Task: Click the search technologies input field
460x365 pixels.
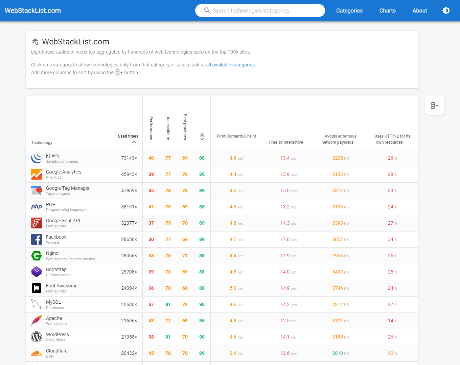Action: tap(260, 11)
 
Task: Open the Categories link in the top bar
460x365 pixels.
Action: tap(349, 11)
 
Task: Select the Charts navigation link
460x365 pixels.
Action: tap(387, 11)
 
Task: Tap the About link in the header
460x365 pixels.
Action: tap(420, 11)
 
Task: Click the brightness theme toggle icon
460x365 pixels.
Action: tap(446, 11)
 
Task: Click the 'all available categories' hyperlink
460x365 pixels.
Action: tap(230, 65)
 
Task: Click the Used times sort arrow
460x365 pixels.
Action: tap(134, 143)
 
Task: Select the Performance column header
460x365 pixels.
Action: tap(151, 128)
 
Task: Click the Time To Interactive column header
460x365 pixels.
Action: tap(285, 142)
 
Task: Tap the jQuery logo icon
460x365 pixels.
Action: tap(37, 158)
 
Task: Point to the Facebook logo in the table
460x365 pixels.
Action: tap(37, 239)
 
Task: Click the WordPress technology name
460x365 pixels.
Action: tap(57, 334)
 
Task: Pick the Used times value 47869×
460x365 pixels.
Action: tap(129, 190)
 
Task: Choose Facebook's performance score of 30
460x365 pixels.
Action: tap(151, 239)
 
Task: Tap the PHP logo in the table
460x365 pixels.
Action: tap(37, 207)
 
